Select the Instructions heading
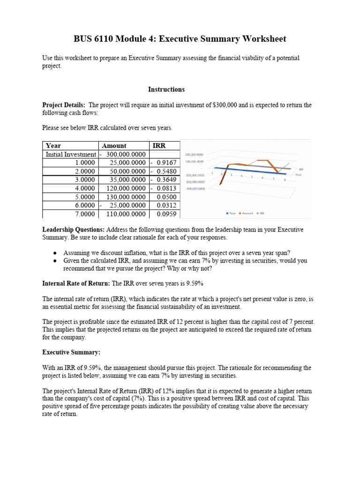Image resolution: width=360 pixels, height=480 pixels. point(166,90)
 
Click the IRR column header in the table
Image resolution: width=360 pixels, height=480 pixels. point(158,146)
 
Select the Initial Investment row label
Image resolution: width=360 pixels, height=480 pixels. point(70,154)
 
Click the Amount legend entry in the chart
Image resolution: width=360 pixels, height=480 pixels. point(246,213)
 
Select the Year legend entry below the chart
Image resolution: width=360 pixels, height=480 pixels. point(231,213)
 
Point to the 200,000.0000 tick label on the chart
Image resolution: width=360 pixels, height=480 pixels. point(194,154)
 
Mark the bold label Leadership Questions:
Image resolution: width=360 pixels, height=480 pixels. point(74,230)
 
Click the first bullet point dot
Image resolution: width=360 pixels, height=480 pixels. point(55,253)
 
